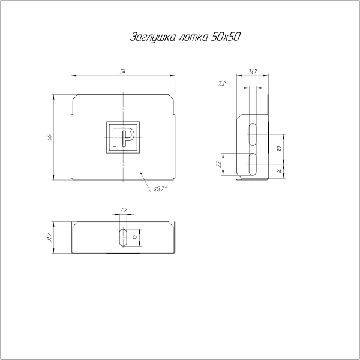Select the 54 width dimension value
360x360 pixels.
pyautogui.click(x=122, y=72)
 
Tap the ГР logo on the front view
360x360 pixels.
pyautogui.click(x=122, y=137)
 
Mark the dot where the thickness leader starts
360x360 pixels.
pyautogui.click(x=142, y=174)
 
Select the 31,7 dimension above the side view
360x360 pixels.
pyautogui.click(x=252, y=72)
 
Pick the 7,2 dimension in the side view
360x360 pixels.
pyautogui.click(x=223, y=84)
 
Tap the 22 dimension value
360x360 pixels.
pyautogui.click(x=220, y=163)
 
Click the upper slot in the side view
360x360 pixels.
pyautogui.click(x=253, y=133)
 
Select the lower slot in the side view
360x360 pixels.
pyautogui.click(x=253, y=161)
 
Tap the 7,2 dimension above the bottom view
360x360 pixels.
pyautogui.click(x=123, y=210)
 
